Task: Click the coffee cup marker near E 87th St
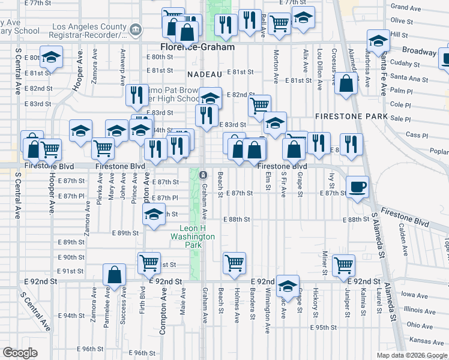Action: [358, 187]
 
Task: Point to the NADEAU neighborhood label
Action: [205, 74]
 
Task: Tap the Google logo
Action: [20, 353]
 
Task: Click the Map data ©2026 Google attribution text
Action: [411, 355]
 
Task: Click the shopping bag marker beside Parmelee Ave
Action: [113, 275]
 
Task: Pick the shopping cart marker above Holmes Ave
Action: [234, 262]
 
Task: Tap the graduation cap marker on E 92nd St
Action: [288, 286]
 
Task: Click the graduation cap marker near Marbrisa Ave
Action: [378, 40]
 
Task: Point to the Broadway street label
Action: [419, 52]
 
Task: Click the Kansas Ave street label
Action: [421, 340]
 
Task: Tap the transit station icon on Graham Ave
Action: [203, 175]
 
